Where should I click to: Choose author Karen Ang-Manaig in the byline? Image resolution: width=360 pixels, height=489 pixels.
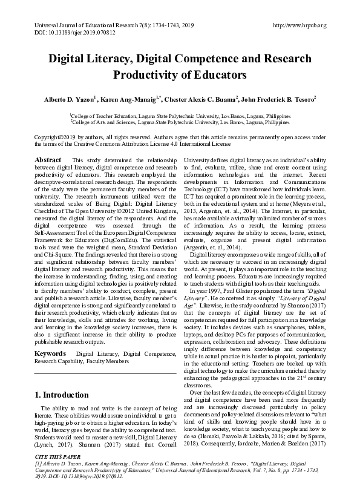coord(132,98)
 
